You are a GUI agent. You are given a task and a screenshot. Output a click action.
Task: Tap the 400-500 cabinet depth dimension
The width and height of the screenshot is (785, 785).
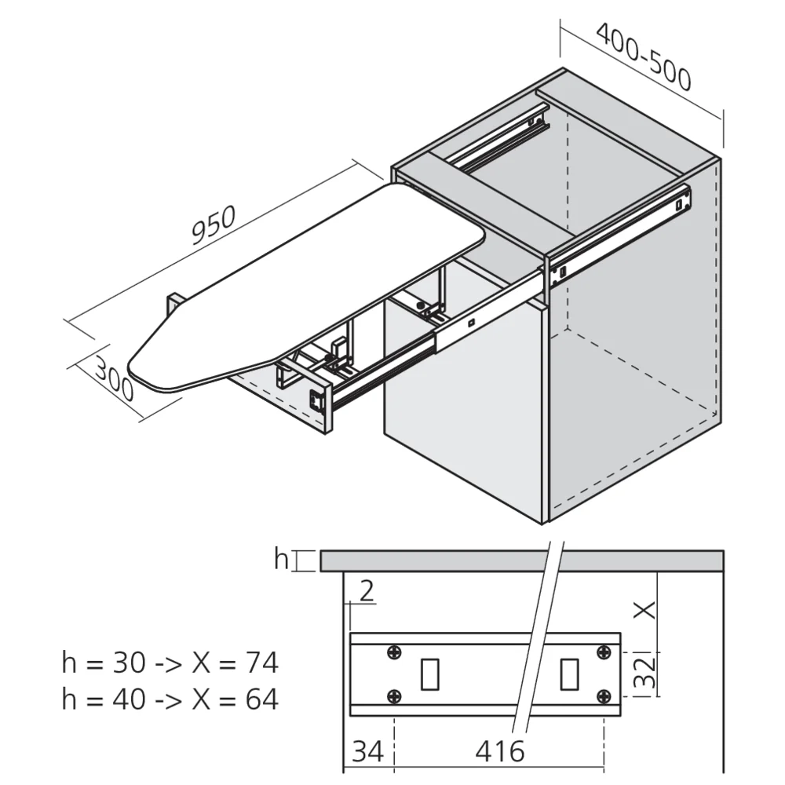(x=644, y=57)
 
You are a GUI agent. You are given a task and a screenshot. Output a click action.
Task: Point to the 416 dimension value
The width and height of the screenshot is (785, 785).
(x=500, y=751)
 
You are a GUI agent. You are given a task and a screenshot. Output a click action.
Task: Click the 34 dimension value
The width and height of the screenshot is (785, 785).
(x=367, y=751)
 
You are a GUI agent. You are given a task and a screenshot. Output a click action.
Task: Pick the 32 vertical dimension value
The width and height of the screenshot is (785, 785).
(x=644, y=674)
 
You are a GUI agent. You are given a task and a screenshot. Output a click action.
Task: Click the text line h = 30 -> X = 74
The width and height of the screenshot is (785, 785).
(x=170, y=663)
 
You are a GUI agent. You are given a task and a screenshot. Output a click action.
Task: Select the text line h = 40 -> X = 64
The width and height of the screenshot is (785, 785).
(x=170, y=699)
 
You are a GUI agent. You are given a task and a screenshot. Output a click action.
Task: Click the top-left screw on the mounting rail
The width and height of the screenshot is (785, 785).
(x=395, y=652)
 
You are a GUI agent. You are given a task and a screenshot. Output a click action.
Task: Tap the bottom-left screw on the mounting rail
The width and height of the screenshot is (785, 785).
(x=395, y=696)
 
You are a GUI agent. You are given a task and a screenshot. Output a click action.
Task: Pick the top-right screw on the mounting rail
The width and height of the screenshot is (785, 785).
(x=604, y=652)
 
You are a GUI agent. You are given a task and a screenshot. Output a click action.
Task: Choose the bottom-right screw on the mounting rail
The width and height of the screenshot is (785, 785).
(x=604, y=696)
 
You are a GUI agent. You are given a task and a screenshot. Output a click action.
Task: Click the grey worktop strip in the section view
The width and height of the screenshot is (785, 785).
(x=440, y=560)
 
